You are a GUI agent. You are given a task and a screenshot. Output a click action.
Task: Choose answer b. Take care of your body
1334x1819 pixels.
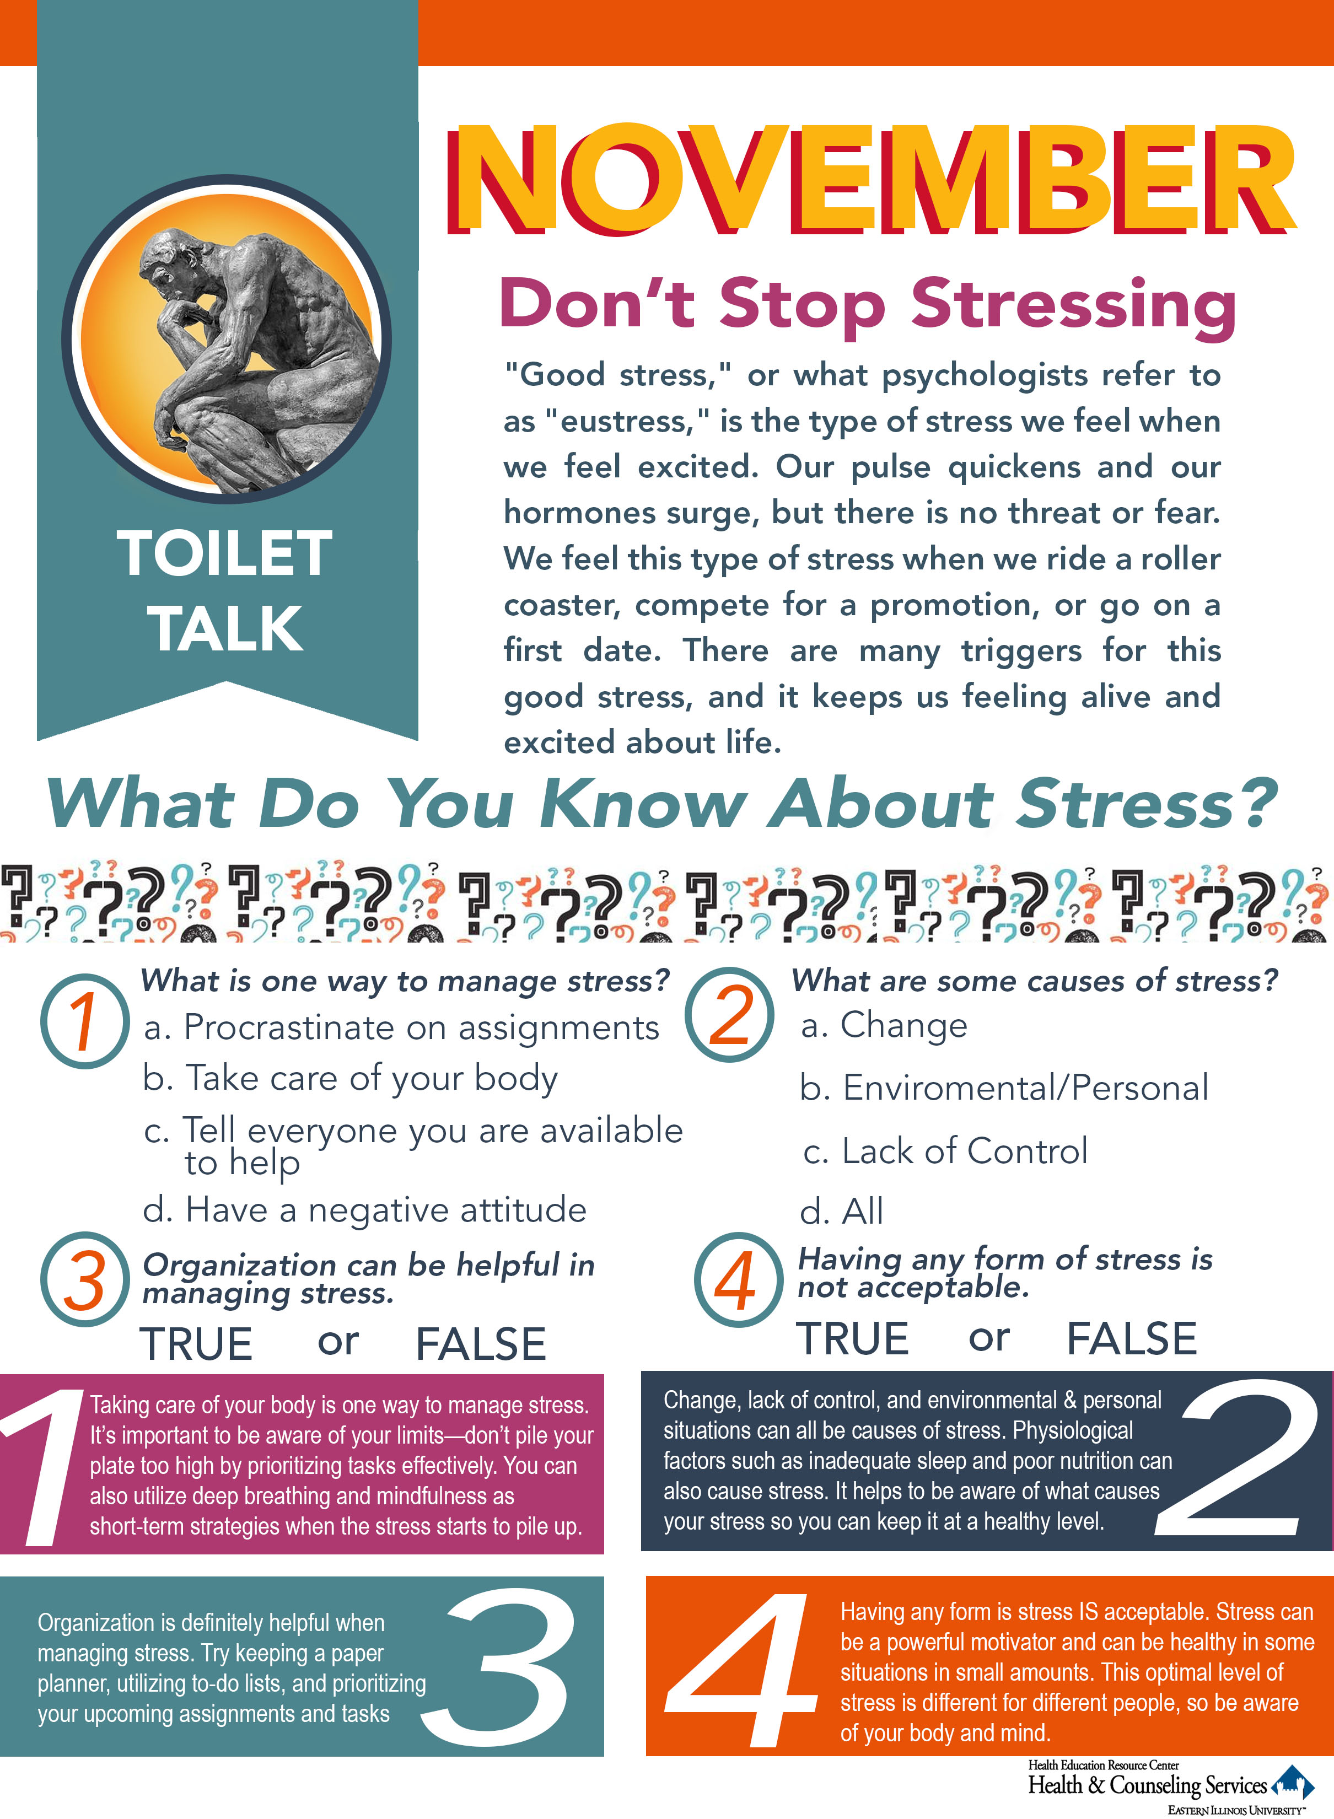(x=349, y=1079)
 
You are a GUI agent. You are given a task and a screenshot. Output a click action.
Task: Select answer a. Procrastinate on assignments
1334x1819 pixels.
(x=401, y=1028)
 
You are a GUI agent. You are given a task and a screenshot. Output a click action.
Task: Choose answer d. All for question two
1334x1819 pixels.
(x=841, y=1211)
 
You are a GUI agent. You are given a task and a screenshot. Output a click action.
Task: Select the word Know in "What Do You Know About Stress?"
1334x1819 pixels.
(x=643, y=804)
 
